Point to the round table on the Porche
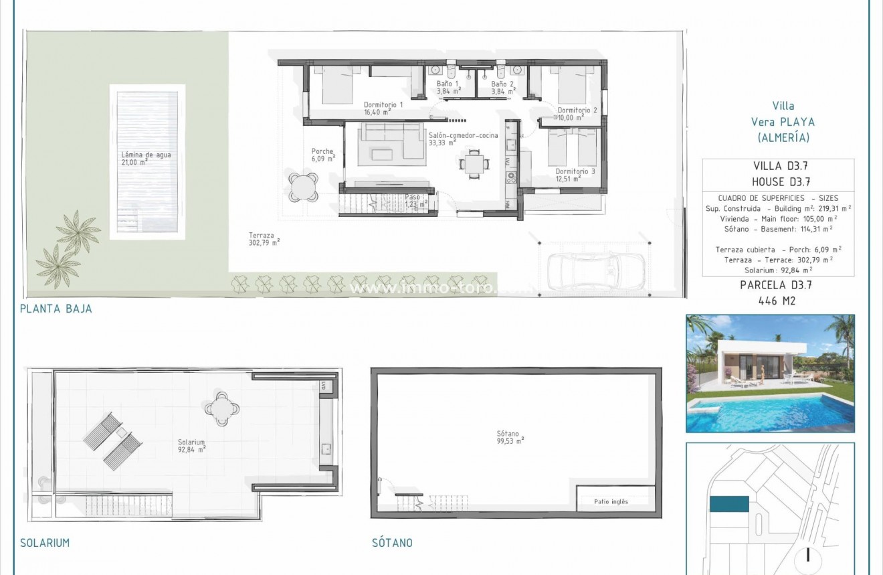304,185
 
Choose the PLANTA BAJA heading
56,309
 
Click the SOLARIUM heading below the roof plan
45,543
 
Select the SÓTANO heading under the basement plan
392,543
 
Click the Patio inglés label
611,501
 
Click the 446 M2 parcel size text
778,301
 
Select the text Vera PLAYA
783,122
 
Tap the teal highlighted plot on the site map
728,504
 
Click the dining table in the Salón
474,163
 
